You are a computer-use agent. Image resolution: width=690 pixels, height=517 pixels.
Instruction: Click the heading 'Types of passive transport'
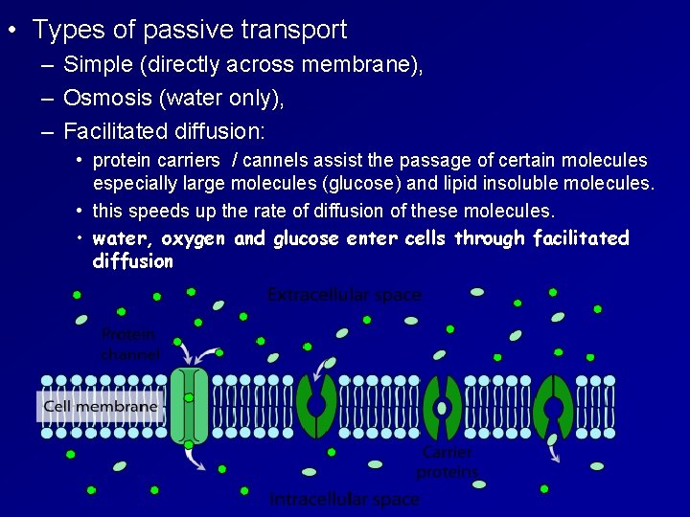click(x=190, y=30)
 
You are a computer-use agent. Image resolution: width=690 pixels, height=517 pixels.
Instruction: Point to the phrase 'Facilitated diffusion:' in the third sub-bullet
click(x=164, y=129)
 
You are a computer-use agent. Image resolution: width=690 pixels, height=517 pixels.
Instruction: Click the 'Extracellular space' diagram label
click(x=344, y=295)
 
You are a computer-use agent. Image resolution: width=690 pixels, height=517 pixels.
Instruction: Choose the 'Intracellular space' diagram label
click(x=344, y=499)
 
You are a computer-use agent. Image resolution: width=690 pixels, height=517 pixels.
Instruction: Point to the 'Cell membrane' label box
click(x=101, y=406)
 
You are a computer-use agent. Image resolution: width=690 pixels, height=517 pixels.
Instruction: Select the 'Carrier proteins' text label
click(x=447, y=462)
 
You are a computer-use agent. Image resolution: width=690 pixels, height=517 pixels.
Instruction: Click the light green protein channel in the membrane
click(x=189, y=406)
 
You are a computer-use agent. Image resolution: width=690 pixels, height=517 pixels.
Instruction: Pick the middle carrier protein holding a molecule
click(x=442, y=408)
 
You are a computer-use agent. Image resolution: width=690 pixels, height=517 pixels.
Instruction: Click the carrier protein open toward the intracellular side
click(x=553, y=406)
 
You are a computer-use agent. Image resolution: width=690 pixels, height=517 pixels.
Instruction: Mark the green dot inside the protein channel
click(x=189, y=396)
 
